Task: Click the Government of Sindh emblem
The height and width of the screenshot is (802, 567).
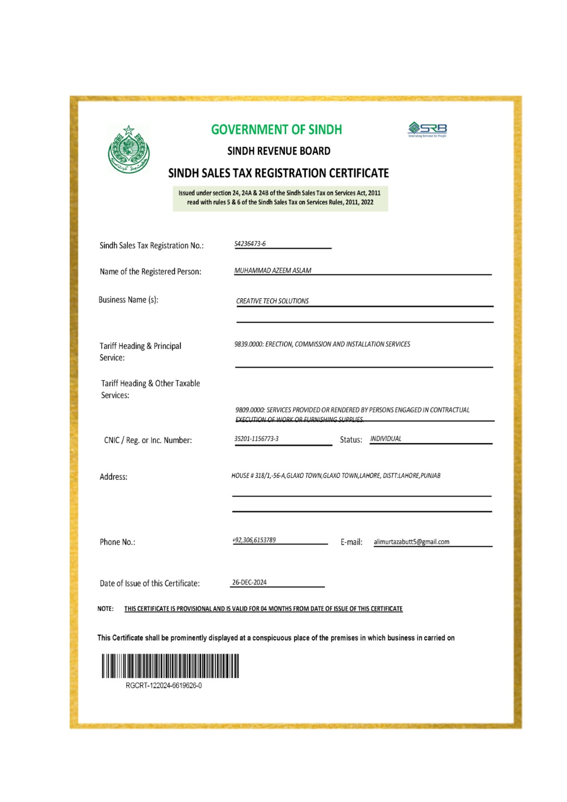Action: coord(129,149)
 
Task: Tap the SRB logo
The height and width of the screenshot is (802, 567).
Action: coord(428,129)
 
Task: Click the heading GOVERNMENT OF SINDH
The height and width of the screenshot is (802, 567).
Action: coord(276,129)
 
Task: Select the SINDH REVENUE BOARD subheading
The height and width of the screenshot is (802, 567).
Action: coord(279,151)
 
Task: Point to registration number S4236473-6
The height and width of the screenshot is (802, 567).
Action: coord(250,244)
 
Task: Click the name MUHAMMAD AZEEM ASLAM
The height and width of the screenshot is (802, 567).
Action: coord(273,270)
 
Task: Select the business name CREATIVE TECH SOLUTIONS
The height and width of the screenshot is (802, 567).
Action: coord(272,301)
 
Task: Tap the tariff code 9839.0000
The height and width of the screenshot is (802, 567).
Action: coord(248,344)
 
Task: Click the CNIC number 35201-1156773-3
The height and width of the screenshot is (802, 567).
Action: coord(256,439)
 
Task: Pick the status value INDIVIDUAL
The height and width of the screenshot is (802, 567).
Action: coord(386,439)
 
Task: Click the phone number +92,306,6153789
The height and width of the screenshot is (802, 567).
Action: coord(254,540)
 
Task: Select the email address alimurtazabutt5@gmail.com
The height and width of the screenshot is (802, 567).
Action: coord(411,542)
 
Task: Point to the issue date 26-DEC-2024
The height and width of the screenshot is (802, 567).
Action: coord(249,582)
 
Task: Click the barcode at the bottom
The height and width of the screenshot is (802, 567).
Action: coord(170,666)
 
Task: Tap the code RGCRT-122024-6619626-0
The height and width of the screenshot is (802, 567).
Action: coord(163,685)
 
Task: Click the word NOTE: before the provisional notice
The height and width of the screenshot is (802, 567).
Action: coord(105,609)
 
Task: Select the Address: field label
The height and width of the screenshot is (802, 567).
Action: coord(113,477)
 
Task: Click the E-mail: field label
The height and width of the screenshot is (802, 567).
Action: coord(351,542)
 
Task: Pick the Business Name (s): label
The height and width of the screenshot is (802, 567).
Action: coord(128,300)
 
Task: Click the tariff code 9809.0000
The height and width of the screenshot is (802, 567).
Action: coord(250,410)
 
